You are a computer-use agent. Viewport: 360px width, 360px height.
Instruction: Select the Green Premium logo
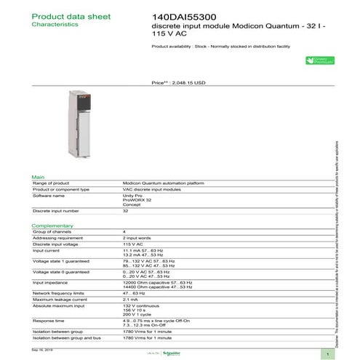319,63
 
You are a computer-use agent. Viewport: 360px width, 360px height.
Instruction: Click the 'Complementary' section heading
52,225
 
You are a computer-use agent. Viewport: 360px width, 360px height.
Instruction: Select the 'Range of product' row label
52,183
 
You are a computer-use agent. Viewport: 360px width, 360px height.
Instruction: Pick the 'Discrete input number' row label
57,211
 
